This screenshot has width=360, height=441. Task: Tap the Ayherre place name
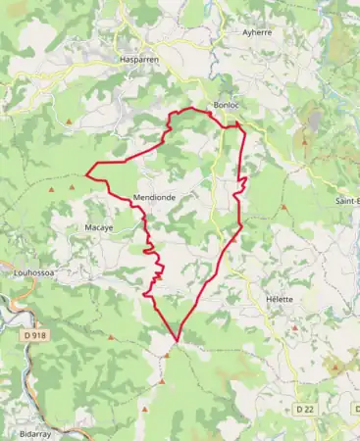click(x=256, y=31)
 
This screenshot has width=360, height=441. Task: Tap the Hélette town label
click(x=280, y=299)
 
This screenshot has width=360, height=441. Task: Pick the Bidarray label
click(x=37, y=431)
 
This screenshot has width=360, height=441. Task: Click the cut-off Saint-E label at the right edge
click(x=347, y=201)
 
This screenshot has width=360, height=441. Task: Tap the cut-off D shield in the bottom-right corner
click(x=354, y=407)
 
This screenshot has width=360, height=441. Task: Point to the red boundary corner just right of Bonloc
click(x=239, y=123)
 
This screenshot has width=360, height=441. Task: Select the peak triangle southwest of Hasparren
click(x=71, y=122)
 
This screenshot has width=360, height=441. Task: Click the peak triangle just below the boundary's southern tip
click(x=167, y=355)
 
